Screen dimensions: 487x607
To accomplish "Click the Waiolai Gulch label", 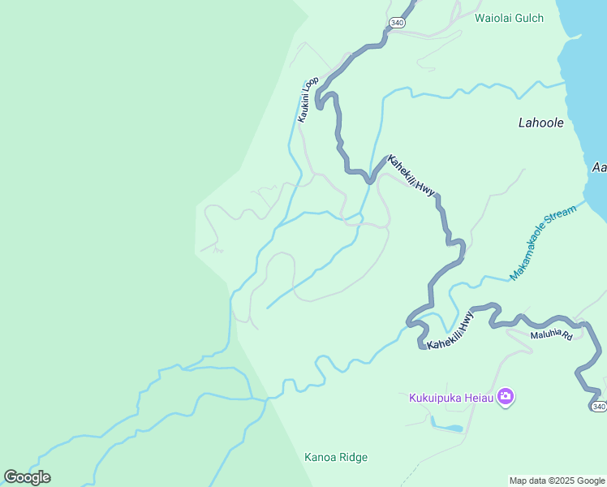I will (x=509, y=18).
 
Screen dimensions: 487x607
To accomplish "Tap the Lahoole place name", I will (x=540, y=123).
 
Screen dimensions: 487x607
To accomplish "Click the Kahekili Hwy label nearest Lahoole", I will (x=411, y=175).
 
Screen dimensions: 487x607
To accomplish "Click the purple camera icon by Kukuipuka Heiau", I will (x=506, y=397).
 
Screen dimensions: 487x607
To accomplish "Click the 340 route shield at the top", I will (x=396, y=23).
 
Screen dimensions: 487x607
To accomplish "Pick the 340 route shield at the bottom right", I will (x=598, y=406).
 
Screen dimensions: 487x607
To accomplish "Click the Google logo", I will (x=27, y=477).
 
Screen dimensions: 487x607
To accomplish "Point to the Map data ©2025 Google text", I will (x=557, y=481).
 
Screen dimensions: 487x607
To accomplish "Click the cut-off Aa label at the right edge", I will (x=599, y=167).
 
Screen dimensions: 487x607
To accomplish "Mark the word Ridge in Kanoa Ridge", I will (x=354, y=458).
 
